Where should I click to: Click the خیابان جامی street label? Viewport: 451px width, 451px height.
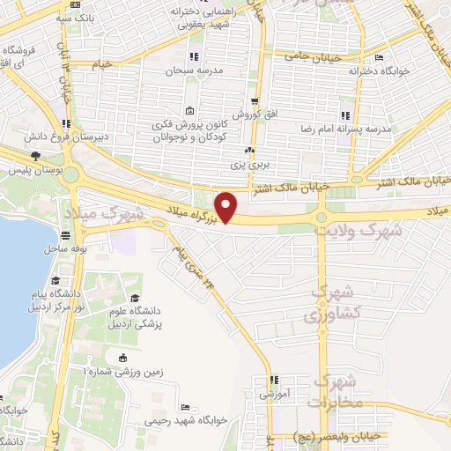pyautogui.click(x=307, y=56)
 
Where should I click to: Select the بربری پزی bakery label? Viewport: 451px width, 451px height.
pyautogui.click(x=256, y=164)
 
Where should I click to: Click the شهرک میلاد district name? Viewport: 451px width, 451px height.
pyautogui.click(x=125, y=212)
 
